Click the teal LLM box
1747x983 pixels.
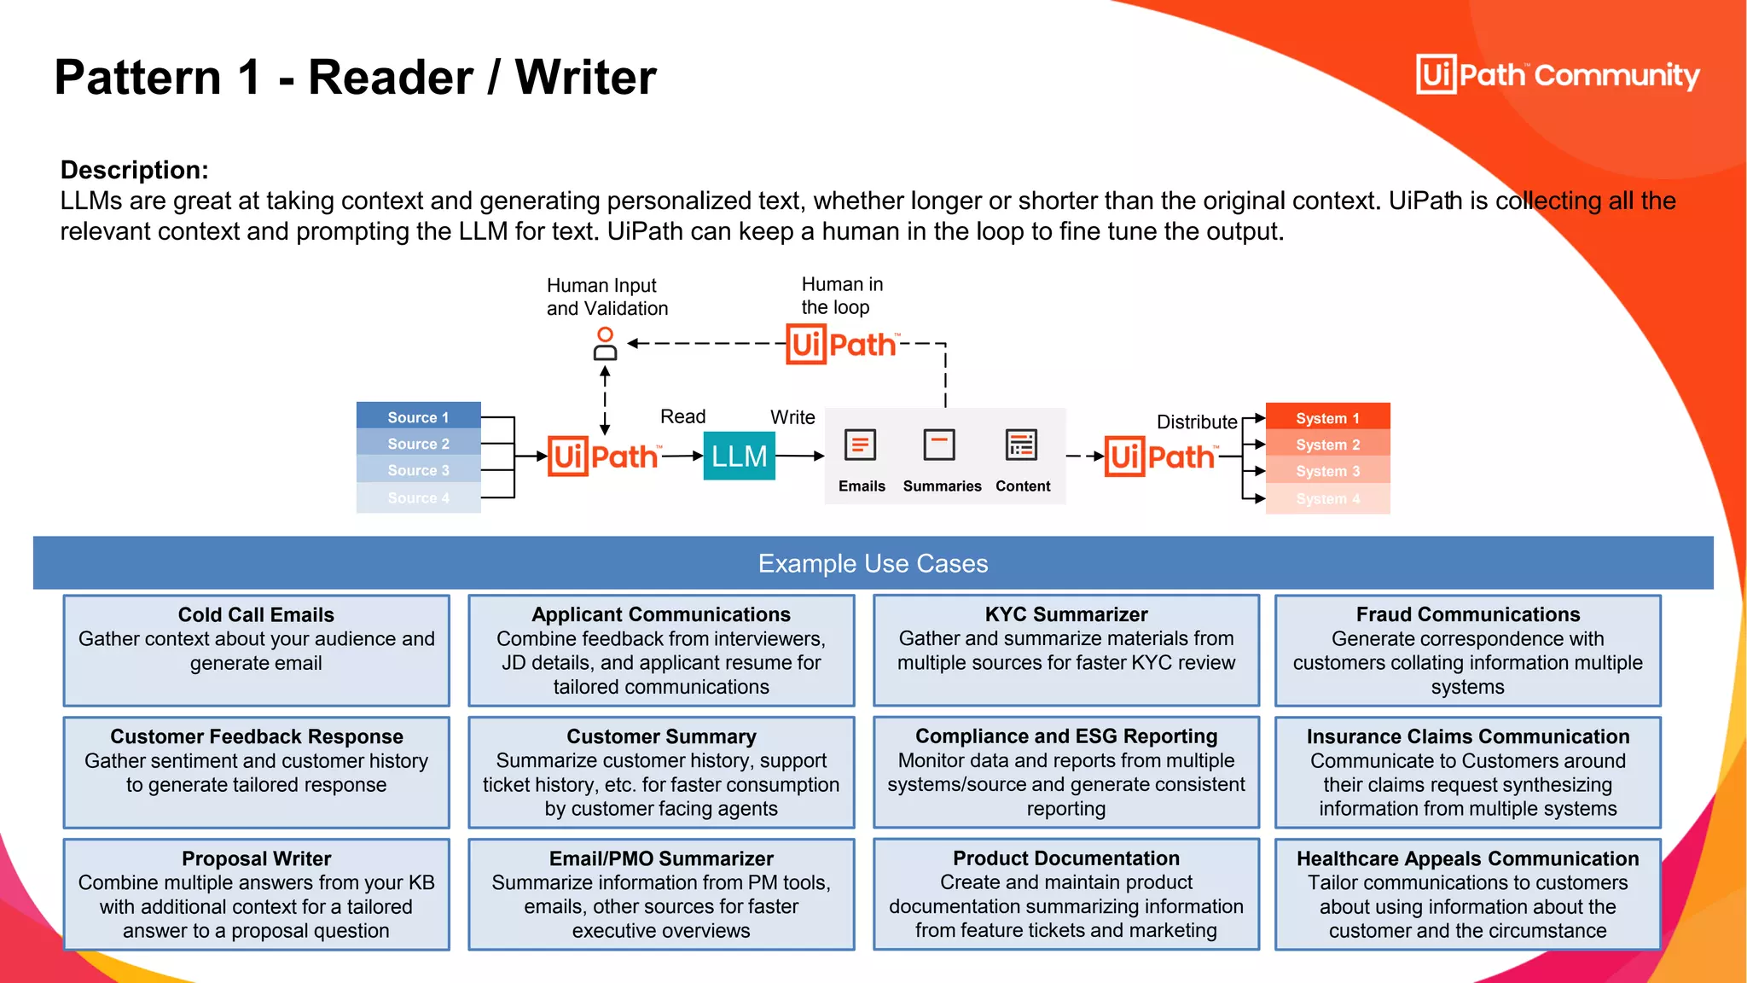coord(739,456)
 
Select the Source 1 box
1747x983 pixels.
coord(418,416)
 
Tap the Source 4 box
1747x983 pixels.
coord(418,497)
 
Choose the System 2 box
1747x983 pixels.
coord(1327,445)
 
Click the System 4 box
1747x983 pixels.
coord(1327,498)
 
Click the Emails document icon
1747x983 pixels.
coord(860,445)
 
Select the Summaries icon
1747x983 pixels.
coord(939,445)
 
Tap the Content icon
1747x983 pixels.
coord(1021,445)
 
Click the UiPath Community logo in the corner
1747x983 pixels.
coord(1558,74)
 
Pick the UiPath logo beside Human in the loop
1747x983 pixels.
coord(841,344)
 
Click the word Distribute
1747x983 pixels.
coord(1196,422)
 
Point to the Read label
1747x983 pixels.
coord(682,416)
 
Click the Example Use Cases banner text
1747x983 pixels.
coord(873,563)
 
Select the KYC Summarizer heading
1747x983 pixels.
coord(1065,614)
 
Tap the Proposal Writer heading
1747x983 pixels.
coord(256,858)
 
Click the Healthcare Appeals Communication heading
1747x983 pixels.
coord(1467,858)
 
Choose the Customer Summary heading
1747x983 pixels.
coord(661,736)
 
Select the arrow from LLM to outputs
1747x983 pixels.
coord(799,456)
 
